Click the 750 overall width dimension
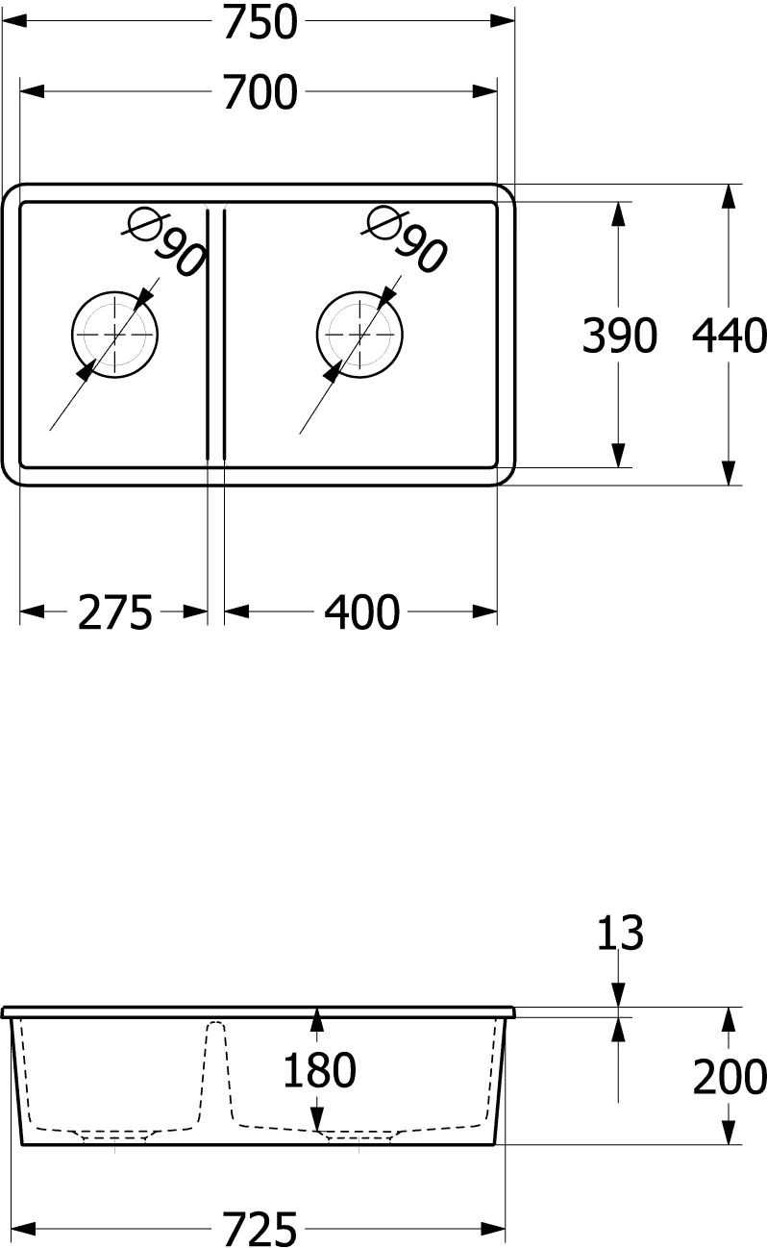click(x=260, y=22)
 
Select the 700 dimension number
click(x=260, y=92)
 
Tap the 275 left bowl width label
click(x=114, y=612)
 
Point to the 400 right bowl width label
click(x=362, y=612)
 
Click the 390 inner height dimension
click(x=619, y=336)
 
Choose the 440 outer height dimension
click(x=730, y=336)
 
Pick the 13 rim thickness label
click(x=620, y=933)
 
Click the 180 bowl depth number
click(x=319, y=1070)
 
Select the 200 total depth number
click(x=730, y=1077)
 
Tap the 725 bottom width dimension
click(x=260, y=1229)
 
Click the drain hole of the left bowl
click(x=114, y=335)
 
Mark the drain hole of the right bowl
click(x=359, y=335)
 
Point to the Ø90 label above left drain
click(x=165, y=242)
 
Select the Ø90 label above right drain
click(x=405, y=239)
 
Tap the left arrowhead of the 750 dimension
click(x=14, y=21)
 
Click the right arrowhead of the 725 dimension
click(x=493, y=1228)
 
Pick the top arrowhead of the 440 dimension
click(x=728, y=197)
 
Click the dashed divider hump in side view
click(x=215, y=1072)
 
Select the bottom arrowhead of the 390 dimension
click(x=618, y=455)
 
